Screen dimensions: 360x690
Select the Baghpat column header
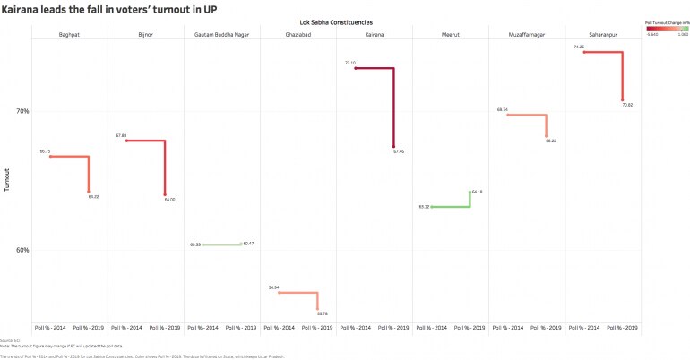(68, 34)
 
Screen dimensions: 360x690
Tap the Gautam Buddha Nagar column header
(221, 34)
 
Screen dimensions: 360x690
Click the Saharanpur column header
(603, 34)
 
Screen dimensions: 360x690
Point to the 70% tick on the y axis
(22, 111)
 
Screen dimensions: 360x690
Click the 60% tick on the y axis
(22, 250)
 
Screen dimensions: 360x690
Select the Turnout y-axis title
(7, 179)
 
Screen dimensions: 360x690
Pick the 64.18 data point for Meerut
(470, 192)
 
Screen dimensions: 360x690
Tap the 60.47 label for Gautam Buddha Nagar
(248, 244)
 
